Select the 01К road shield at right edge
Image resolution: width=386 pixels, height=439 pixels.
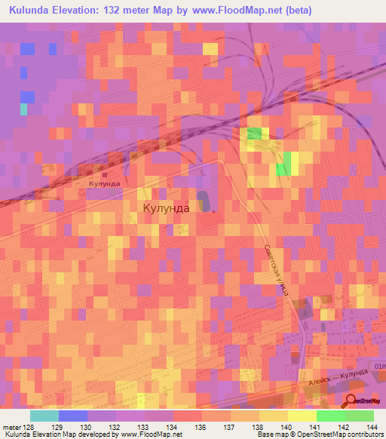coord(378,365)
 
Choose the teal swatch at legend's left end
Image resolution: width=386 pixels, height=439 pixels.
coord(44,416)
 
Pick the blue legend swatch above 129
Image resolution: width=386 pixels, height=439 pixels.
coord(72,416)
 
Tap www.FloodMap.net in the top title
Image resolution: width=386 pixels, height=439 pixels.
coord(231,11)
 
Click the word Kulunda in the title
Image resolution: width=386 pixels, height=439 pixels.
coord(31,11)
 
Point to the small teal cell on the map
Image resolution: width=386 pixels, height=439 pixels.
coord(24,109)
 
